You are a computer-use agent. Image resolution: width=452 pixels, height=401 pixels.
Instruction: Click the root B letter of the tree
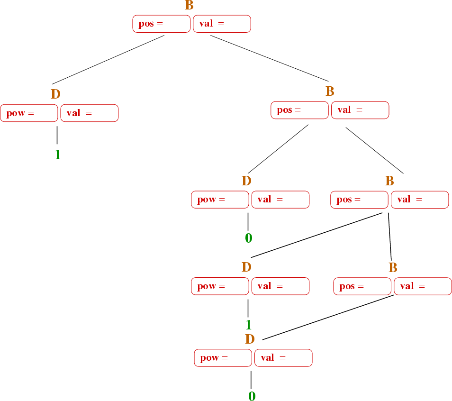189,5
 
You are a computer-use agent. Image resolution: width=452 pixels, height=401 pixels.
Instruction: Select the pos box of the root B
162,24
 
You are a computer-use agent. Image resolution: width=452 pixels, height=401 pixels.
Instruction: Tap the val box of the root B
222,24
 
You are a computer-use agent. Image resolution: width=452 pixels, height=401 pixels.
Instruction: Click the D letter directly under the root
55,94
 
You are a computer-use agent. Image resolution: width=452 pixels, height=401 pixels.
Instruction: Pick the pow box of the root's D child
29,113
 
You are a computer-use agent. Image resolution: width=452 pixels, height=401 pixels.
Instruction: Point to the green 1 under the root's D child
57,155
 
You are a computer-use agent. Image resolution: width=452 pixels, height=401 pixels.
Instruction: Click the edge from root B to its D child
108,60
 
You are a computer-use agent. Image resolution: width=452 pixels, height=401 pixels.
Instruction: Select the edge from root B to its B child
269,58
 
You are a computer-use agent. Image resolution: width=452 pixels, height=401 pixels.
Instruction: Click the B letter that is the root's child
330,91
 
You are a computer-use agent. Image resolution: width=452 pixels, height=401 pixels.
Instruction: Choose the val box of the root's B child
361,110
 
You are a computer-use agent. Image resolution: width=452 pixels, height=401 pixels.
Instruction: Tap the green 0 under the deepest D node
252,396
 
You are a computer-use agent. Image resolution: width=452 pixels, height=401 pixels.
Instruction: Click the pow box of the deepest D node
223,358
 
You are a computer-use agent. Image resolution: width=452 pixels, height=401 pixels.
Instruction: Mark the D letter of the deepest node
250,339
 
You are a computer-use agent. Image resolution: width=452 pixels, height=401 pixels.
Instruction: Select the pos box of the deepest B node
362,286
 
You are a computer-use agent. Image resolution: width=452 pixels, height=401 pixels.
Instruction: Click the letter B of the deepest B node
393,267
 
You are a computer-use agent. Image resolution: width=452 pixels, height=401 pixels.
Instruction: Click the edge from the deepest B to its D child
328,317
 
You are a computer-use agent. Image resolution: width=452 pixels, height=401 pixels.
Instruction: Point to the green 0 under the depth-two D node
249,238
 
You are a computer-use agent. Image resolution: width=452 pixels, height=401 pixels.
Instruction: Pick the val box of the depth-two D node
280,200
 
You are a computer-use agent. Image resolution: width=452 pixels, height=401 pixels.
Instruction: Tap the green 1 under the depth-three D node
248,325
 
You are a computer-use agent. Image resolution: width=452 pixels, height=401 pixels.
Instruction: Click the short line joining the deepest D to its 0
251,380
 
